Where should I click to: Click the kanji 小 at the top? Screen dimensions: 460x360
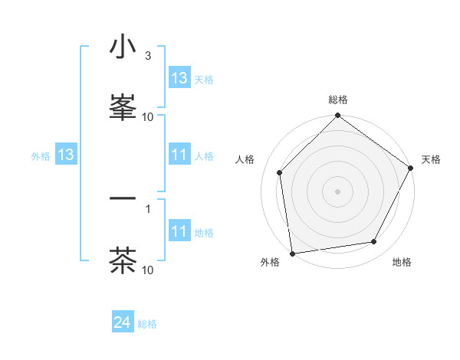tap(123, 47)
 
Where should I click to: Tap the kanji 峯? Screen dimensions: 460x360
tap(123, 106)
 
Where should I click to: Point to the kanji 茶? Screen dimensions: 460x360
tap(123, 260)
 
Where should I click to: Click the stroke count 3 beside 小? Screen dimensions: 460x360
tap(147, 56)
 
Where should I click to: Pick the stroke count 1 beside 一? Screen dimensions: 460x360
tap(147, 208)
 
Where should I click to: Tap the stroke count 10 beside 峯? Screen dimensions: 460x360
tap(147, 116)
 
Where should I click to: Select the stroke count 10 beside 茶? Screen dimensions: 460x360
tap(147, 270)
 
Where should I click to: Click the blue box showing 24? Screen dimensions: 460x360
tap(123, 323)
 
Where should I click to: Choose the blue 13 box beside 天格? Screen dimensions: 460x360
tap(179, 78)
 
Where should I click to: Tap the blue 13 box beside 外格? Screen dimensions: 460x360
tap(66, 155)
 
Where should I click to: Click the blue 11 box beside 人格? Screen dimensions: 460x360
tap(179, 155)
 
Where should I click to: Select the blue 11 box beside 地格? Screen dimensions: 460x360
tap(179, 231)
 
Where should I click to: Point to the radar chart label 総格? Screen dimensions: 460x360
tap(338, 100)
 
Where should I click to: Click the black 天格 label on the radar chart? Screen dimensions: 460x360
tap(431, 159)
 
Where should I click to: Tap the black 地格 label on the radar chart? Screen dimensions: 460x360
tap(402, 262)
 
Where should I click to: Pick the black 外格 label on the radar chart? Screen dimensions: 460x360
tap(270, 262)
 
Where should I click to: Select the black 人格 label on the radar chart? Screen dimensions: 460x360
tap(245, 159)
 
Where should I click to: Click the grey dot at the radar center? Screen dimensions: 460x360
tap(338, 191)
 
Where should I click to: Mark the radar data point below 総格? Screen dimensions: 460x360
tap(338, 116)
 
